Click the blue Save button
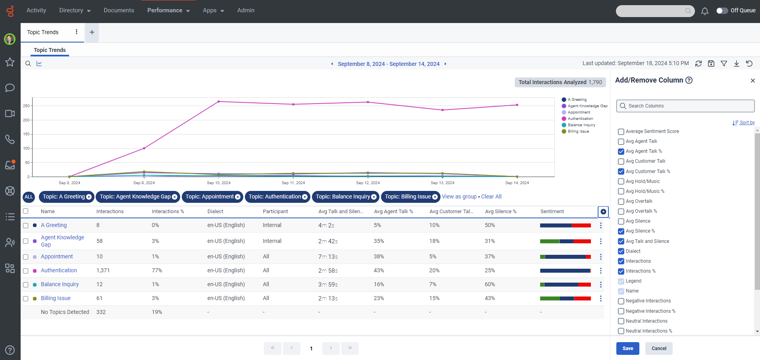(x=627, y=348)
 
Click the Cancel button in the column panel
(x=659, y=348)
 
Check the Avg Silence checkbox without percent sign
(x=621, y=221)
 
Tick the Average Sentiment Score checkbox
(x=621, y=131)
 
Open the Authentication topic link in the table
(x=59, y=270)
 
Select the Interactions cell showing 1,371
(x=103, y=270)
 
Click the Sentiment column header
(x=552, y=212)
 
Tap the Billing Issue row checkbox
(x=26, y=298)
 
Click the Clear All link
(x=491, y=196)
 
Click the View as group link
(x=459, y=196)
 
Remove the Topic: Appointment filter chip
(x=238, y=197)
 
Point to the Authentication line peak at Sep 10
(x=219, y=102)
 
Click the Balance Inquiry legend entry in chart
(x=581, y=125)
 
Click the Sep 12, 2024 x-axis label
(x=367, y=183)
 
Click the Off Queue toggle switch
(x=722, y=11)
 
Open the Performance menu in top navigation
(x=168, y=10)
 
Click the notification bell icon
(x=704, y=11)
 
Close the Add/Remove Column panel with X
(x=752, y=81)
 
